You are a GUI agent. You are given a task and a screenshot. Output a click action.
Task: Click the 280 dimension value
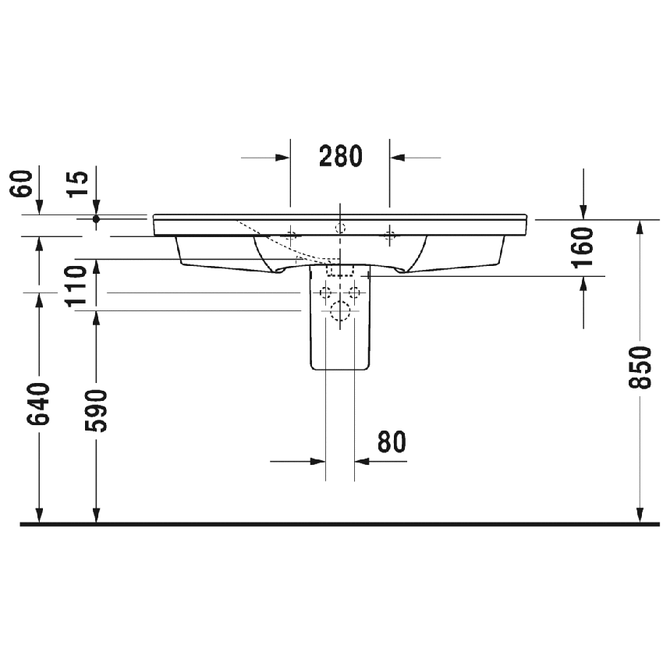point(341,157)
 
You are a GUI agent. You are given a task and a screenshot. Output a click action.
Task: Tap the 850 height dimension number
point(639,367)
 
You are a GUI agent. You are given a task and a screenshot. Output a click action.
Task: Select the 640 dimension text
point(39,404)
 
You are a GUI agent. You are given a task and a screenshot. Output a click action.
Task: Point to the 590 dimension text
point(96,409)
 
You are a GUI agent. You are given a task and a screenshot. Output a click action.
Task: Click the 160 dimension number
point(583,247)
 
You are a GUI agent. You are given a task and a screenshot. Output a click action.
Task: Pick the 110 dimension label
point(76,286)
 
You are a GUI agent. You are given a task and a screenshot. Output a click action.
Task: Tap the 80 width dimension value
point(392,442)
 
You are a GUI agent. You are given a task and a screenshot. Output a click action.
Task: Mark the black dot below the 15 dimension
point(96,219)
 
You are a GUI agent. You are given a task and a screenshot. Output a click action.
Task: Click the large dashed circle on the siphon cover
point(339,311)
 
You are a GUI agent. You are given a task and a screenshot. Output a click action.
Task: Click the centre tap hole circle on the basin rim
point(339,227)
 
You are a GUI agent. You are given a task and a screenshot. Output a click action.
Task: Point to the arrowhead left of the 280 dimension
point(282,158)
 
